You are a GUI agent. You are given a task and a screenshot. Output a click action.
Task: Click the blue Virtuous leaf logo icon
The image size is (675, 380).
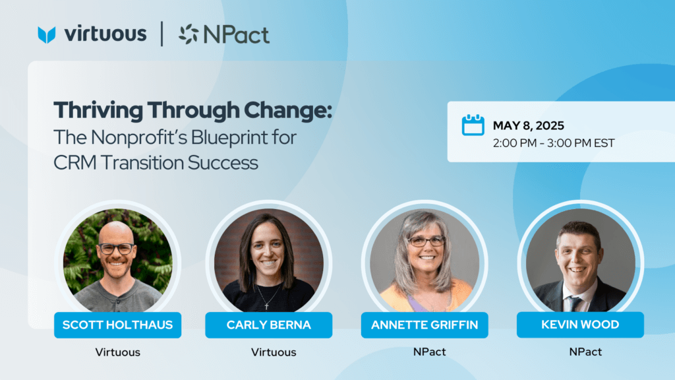pos(47,35)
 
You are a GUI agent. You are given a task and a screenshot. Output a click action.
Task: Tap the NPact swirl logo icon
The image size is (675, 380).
pos(189,34)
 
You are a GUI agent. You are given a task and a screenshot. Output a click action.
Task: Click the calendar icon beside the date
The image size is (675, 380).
pos(473,125)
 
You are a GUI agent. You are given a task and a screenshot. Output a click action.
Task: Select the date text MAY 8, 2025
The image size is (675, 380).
pos(528,125)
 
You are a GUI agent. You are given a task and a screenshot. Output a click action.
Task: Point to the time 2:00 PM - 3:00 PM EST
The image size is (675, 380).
pos(554,143)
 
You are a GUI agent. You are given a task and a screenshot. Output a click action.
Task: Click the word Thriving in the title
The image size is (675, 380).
pos(98,111)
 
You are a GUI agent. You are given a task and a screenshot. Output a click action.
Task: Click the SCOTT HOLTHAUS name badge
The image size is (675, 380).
pos(117,325)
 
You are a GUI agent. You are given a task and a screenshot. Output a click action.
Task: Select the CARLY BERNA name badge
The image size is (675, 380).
pos(269,325)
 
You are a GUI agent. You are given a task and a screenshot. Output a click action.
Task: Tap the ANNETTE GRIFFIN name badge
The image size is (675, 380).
pos(425,325)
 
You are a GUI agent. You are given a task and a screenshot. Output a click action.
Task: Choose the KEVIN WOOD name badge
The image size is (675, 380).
pos(580,325)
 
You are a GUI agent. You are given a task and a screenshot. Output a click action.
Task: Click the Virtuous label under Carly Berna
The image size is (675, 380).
pos(274,352)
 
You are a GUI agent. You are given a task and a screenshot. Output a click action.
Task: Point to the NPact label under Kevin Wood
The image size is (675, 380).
pos(585,352)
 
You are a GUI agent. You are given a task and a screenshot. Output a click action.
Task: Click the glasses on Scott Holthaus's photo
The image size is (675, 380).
pos(116,249)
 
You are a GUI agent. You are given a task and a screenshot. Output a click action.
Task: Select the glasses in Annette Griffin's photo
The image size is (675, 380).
pos(426,241)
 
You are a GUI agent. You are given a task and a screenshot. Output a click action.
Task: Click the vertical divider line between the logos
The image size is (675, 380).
pos(162,34)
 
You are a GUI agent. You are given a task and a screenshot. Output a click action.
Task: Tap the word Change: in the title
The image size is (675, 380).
pos(288,111)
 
